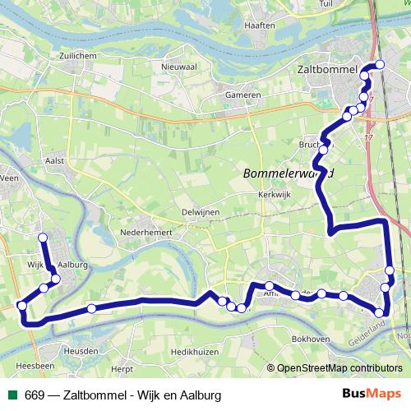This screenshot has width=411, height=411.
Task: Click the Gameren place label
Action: pos(243,95)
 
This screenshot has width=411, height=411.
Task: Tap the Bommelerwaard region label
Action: pos(288,173)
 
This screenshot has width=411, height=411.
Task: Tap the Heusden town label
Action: pos(81,350)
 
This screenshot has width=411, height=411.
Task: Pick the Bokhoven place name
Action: pos(310,339)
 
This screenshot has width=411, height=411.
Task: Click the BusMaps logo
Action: pos(373,395)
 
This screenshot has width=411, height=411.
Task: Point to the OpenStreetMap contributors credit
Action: pos(338,368)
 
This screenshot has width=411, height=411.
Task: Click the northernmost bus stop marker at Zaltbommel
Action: pos(380,66)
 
